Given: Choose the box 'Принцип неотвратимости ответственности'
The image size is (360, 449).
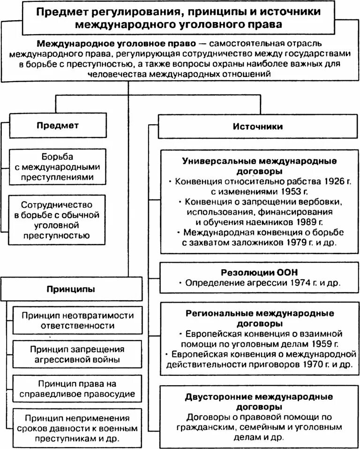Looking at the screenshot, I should point(77,320).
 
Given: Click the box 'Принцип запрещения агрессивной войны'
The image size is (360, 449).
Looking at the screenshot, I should point(77,354).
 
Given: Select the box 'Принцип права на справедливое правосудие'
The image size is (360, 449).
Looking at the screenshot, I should point(77,387).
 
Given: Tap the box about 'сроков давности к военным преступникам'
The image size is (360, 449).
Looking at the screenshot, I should point(77,426).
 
